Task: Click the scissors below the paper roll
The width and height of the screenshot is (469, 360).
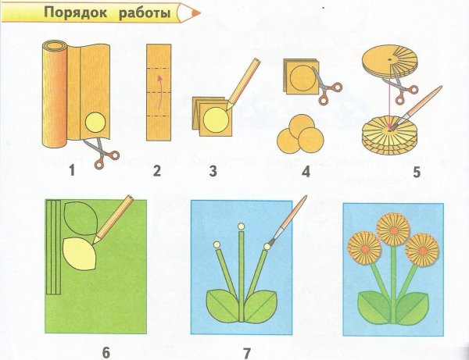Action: coord(99,151)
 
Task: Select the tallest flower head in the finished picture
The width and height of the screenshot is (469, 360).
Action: coord(393,227)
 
